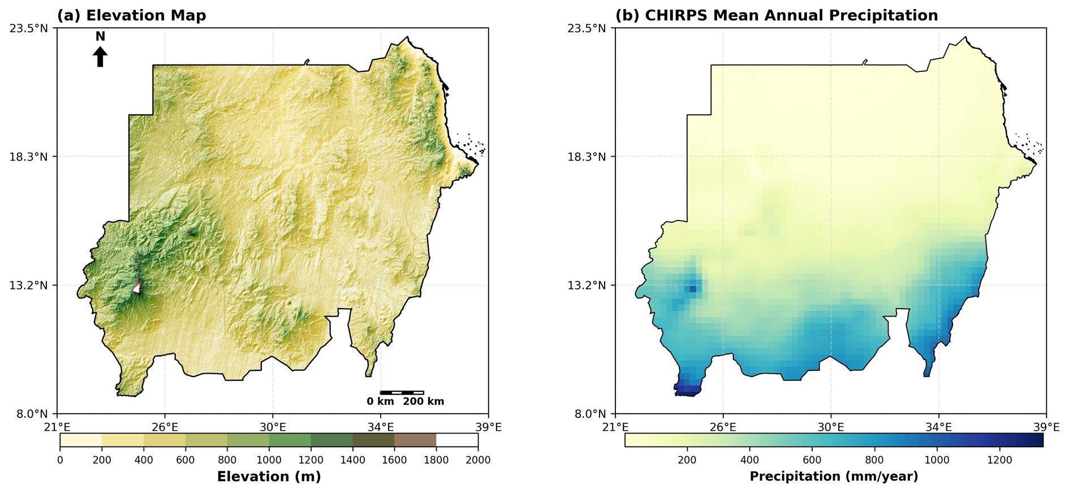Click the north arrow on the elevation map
[x=100, y=57]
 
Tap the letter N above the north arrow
[x=100, y=37]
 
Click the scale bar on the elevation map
[x=402, y=392]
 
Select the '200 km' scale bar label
[x=423, y=401]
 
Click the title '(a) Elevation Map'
[x=131, y=15]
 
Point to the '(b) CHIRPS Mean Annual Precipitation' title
[x=776, y=15]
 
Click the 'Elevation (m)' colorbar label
[x=269, y=477]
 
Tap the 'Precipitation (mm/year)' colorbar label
[x=834, y=477]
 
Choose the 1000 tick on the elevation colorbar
[x=269, y=460]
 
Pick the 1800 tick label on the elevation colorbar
[x=436, y=460]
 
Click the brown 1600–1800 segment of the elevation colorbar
[x=415, y=440]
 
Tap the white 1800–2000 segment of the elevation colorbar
[x=457, y=440]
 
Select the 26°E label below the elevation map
[x=165, y=427]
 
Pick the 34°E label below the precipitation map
[x=939, y=427]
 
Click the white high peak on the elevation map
[x=136, y=288]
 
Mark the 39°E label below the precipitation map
[x=1046, y=427]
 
